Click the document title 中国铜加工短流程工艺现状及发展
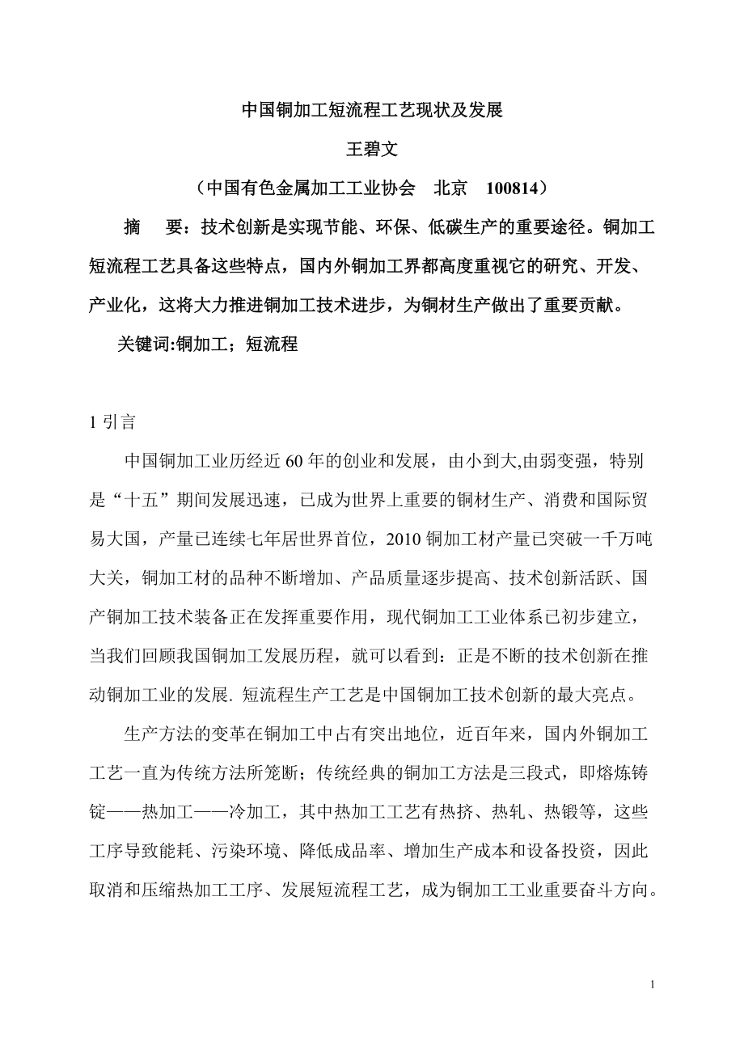[373, 111]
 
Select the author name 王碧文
[372, 150]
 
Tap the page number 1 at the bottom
[653, 984]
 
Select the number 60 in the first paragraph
[294, 461]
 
